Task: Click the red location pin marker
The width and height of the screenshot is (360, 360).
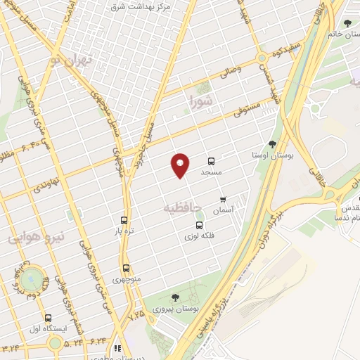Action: tap(181, 166)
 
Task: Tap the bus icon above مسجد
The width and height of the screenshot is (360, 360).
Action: tap(212, 161)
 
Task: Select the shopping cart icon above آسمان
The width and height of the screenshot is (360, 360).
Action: tap(224, 200)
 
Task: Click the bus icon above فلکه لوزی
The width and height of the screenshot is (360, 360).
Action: tap(199, 226)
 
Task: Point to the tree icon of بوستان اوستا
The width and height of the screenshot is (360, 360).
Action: tap(272, 143)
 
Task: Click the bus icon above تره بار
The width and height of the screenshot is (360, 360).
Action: tap(124, 220)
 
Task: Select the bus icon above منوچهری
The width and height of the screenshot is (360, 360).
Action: tap(126, 268)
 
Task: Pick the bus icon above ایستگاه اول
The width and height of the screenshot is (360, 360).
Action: tap(48, 318)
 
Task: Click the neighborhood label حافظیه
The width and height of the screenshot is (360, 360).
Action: tap(182, 208)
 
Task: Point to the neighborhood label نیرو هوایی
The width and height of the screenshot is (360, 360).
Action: tap(36, 238)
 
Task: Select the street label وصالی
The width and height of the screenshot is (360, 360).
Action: tap(230, 70)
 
